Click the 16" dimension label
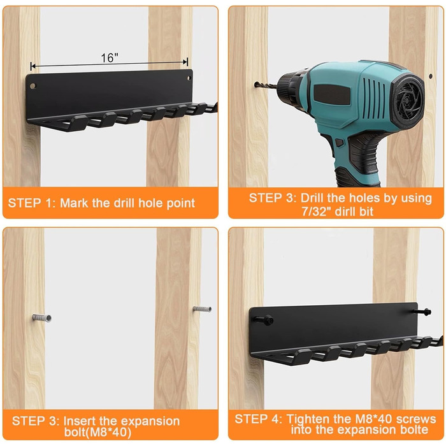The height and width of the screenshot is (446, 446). (x=110, y=58)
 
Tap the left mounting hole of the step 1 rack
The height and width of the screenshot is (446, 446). (x=33, y=85)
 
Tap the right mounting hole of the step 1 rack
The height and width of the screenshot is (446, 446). (x=189, y=78)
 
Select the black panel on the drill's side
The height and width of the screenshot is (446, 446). (x=332, y=95)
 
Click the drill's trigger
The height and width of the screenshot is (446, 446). (x=340, y=142)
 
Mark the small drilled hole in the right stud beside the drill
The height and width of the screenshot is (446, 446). (x=430, y=76)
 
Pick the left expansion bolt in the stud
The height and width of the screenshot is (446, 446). (x=42, y=317)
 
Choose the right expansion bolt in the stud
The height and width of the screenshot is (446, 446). (x=202, y=309)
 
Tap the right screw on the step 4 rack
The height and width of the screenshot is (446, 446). (x=423, y=312)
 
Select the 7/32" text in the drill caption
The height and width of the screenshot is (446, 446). (x=315, y=212)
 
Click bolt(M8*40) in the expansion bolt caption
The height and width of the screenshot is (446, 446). (x=97, y=432)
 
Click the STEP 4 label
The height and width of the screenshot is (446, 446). (x=258, y=419)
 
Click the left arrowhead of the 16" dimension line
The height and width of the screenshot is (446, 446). (x=32, y=66)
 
